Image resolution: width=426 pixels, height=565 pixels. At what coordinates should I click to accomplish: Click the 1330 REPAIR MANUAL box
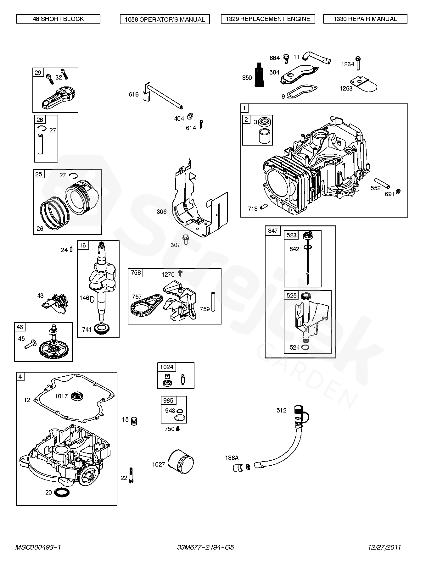point(365,19)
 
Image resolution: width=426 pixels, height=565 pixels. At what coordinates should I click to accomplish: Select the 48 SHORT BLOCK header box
point(58,19)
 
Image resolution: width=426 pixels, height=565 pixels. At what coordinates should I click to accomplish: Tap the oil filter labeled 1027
point(181,463)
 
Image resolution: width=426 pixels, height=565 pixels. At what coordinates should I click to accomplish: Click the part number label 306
point(161,212)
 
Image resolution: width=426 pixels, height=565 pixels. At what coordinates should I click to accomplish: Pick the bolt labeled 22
point(131,475)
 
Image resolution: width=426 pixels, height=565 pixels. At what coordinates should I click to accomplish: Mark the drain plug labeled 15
point(135,421)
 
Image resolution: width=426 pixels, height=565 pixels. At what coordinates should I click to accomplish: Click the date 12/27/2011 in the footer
point(384,547)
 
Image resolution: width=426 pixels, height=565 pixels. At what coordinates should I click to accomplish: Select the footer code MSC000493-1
point(38,547)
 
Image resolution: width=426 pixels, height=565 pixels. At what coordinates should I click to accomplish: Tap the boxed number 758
point(136,273)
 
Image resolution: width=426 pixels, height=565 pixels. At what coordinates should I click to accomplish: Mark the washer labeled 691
point(398,191)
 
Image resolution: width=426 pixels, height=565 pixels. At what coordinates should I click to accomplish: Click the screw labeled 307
point(186,240)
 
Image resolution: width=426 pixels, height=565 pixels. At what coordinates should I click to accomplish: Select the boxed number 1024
point(167,367)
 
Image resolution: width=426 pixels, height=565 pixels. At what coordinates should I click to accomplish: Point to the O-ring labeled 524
point(305,347)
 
